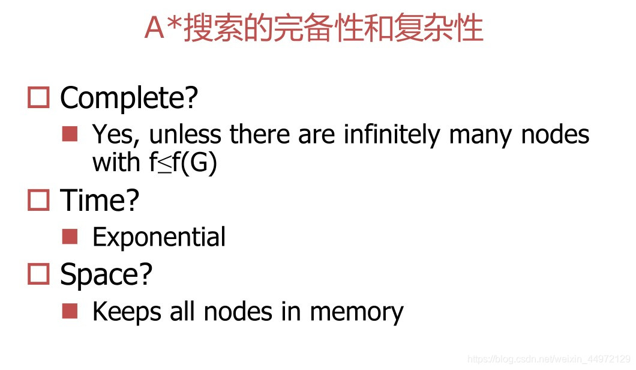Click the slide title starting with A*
pos(314,28)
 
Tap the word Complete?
pos(129,98)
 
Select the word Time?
pos(100,200)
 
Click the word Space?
pos(106,274)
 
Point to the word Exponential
pos(159,237)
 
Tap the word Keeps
pos(125,312)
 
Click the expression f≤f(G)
pos(183,163)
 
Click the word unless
pos(185,134)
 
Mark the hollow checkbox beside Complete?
pos(38,97)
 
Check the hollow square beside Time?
pos(38,200)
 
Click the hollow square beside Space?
pos(38,274)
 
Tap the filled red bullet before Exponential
pos(70,236)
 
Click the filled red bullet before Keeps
pos(70,311)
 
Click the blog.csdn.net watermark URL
pos(548,359)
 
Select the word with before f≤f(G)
pos(117,162)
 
